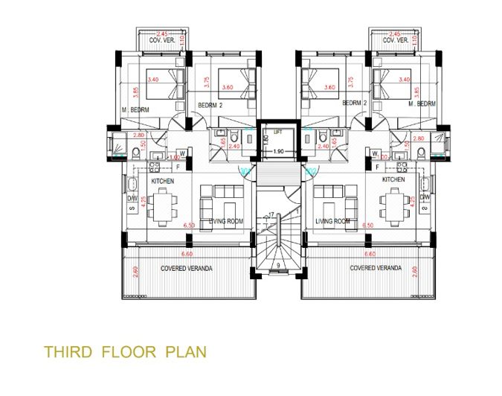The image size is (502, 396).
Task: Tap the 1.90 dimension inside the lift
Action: pyautogui.click(x=277, y=151)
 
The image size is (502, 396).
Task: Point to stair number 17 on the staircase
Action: pyautogui.click(x=271, y=215)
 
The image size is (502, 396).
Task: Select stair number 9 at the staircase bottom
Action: pyautogui.click(x=277, y=264)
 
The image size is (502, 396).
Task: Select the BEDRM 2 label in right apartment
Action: pyautogui.click(x=356, y=105)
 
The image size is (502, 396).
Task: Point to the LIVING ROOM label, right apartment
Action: pyautogui.click(x=332, y=222)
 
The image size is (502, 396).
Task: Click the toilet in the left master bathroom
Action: pyautogui.click(x=135, y=153)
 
